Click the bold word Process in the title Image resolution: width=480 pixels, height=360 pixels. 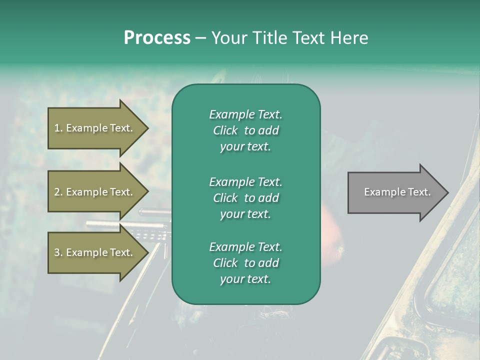coord(157,37)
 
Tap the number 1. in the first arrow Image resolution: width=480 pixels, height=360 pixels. coord(58,128)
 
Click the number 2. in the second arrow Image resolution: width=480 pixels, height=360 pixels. coord(58,192)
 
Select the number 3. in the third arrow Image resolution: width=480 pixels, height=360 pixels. coord(58,252)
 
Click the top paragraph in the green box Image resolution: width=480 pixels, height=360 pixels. coord(245,130)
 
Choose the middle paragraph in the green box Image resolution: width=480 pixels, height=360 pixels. coord(245,197)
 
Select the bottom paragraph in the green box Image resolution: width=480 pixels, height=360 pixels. coord(245,263)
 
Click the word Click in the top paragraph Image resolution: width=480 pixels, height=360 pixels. coord(225,130)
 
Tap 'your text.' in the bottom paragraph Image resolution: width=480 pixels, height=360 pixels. coord(245,279)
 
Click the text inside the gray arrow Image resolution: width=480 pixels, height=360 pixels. coord(397,192)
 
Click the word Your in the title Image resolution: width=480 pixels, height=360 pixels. coord(228,37)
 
